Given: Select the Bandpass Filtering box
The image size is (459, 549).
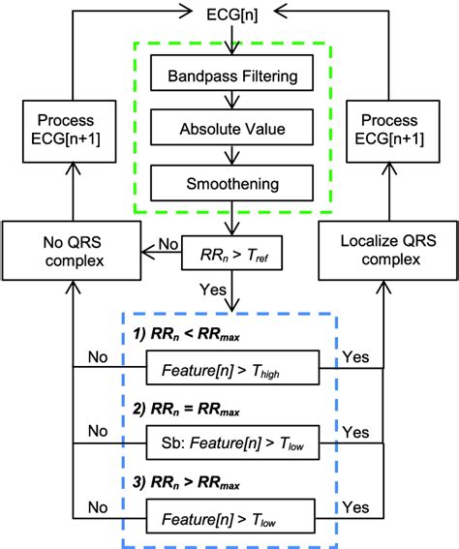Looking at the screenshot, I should tap(229, 75).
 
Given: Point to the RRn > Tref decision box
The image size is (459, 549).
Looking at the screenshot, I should tap(229, 255).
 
